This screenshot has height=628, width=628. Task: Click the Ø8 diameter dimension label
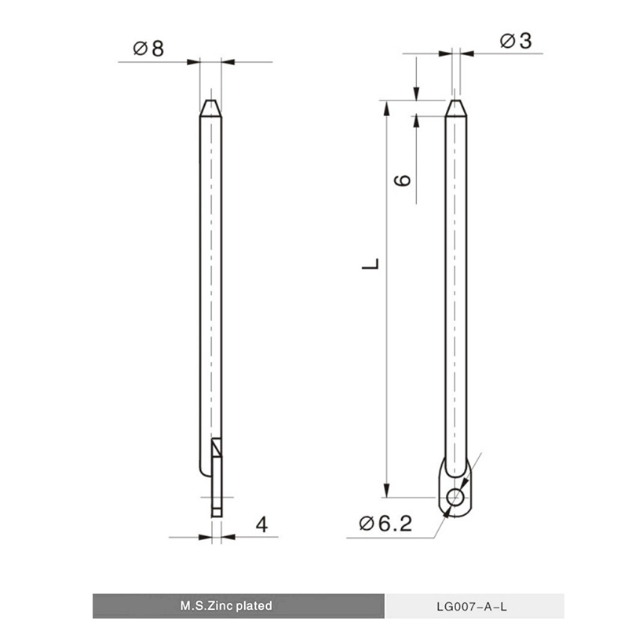149,49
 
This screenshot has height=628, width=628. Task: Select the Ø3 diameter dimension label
515,42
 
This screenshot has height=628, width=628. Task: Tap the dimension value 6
402,180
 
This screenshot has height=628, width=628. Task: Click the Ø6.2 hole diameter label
385,524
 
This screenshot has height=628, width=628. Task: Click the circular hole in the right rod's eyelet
455,496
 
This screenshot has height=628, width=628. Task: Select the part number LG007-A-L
475,607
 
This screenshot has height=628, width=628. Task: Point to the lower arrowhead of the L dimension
385,490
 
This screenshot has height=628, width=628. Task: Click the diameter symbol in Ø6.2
367,524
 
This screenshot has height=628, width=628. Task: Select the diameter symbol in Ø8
140,49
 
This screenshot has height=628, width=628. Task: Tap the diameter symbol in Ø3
506,42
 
